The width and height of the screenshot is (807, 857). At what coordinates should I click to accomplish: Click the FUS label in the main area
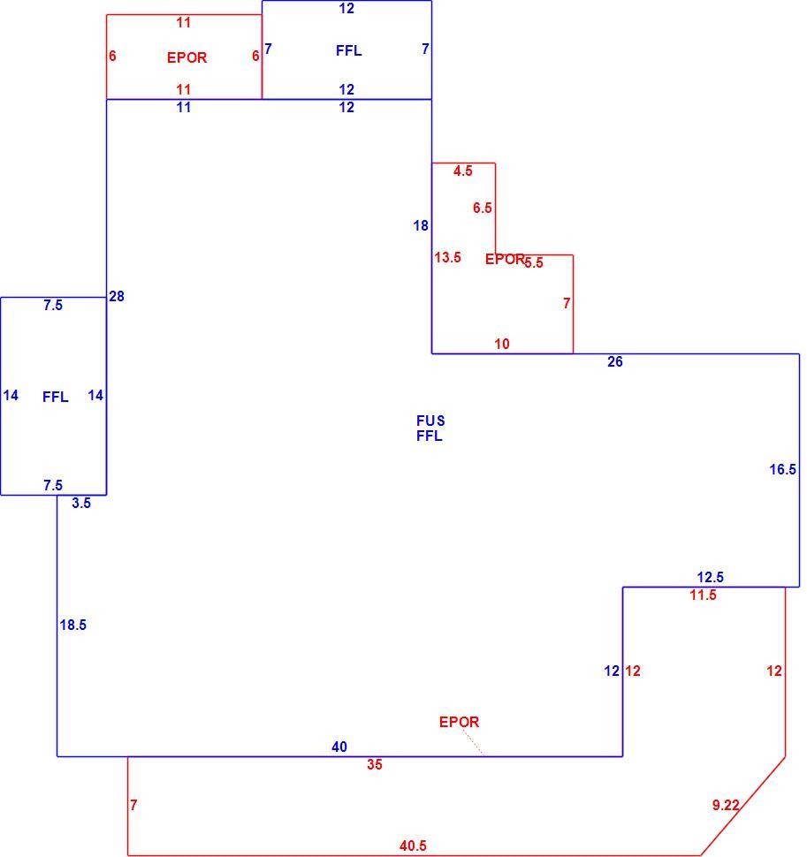pos(430,421)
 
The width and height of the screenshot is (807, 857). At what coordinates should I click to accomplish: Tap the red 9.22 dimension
pos(726,805)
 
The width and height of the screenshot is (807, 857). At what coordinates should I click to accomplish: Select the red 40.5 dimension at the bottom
pos(413,846)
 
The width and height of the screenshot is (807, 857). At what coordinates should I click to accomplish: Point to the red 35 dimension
pos(375,764)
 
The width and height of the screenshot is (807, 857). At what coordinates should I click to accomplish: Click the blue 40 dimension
pos(339,747)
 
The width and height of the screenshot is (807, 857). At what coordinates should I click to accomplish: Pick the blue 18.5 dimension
pos(73,625)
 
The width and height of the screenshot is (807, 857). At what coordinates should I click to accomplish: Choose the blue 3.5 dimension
pos(81,503)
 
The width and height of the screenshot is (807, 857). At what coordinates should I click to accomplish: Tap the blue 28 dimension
pos(117,296)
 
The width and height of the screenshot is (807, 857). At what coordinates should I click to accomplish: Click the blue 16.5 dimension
pos(782,469)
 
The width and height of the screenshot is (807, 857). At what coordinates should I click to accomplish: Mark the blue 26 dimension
pos(615,361)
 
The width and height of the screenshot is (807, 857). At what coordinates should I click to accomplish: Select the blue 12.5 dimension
pos(711,577)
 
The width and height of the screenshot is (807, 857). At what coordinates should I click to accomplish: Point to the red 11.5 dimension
pos(703,595)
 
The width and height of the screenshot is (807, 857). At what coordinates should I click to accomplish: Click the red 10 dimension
pos(502,344)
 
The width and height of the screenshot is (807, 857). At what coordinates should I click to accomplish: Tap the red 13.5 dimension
pos(448,257)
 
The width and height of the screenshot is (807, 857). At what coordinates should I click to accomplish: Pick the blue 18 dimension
pos(421,225)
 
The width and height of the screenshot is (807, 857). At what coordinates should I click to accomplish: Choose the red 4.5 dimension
pos(462,171)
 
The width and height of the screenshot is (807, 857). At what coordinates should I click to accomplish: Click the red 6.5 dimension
pos(483,208)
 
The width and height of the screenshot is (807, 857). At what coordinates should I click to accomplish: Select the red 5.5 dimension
pos(534,263)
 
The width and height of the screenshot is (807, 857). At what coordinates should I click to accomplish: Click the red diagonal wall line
pos(743,806)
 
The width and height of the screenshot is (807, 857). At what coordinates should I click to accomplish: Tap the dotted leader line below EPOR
pos(472,742)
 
